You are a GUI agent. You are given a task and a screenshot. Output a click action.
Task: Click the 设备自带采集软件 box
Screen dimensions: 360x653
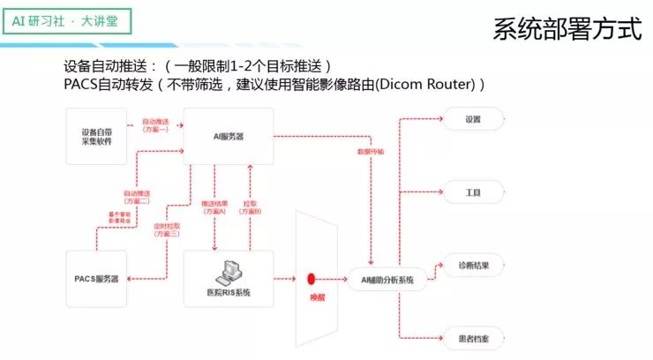click(x=96, y=136)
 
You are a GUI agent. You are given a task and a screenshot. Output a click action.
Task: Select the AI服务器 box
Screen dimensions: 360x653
click(x=229, y=136)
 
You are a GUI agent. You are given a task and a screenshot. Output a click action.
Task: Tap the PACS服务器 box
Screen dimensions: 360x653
click(x=96, y=279)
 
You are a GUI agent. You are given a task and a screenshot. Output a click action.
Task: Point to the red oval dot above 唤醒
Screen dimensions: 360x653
click(x=311, y=279)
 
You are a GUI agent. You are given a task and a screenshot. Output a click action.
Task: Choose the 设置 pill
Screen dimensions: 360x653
click(x=473, y=119)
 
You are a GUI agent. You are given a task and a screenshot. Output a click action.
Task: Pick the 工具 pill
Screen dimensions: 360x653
click(x=473, y=191)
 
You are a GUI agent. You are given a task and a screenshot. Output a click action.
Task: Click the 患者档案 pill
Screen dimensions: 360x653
click(x=473, y=337)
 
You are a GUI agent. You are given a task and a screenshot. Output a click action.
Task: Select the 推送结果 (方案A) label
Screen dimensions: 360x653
click(x=214, y=207)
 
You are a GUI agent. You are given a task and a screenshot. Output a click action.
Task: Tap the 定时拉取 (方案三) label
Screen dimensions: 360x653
click(x=165, y=229)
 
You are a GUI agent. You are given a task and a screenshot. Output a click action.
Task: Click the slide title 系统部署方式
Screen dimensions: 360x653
click(x=567, y=28)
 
